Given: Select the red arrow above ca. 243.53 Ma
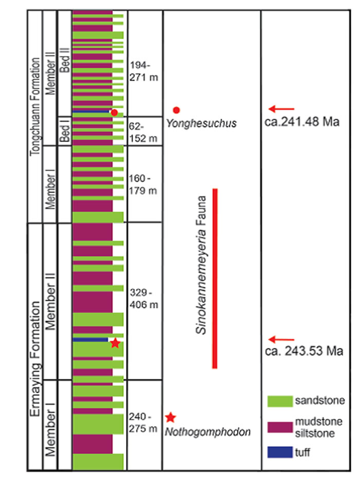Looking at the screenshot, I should tap(281, 339).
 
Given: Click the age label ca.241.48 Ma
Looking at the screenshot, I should tap(303, 123).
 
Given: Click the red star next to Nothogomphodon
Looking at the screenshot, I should tap(171, 417).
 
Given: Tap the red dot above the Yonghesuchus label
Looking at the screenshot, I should tap(176, 109).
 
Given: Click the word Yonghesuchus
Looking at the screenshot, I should tap(201, 123).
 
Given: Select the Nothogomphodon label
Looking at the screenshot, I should tap(208, 432).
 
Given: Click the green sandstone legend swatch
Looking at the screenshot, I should tap(279, 400).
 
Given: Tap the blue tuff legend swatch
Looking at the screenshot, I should tap(279, 452).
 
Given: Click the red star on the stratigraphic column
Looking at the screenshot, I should tap(115, 343).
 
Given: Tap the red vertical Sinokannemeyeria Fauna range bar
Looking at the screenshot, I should tap(215, 278).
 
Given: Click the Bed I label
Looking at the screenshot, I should tap(64, 131).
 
